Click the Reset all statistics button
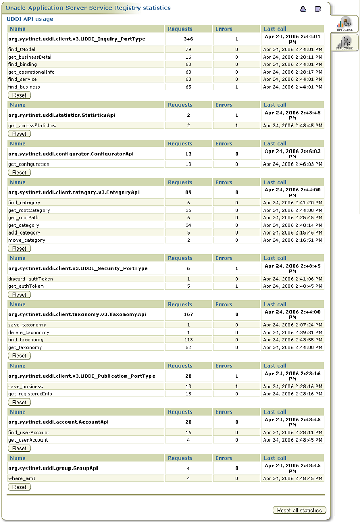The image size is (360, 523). click(x=299, y=510)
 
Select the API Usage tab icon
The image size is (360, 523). click(x=344, y=24)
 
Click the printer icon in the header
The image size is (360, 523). click(x=303, y=9)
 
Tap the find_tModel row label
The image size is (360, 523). click(x=22, y=49)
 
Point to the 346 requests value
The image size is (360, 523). click(x=188, y=39)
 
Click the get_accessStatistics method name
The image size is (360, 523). click(x=32, y=126)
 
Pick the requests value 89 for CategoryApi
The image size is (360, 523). click(x=188, y=192)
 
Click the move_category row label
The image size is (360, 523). click(x=26, y=240)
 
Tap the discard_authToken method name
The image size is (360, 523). click(x=31, y=279)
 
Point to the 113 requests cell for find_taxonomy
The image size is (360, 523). click(x=188, y=340)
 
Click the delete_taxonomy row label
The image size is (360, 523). click(x=29, y=333)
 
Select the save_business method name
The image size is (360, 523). click(x=25, y=387)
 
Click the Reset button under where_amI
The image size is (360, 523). click(x=20, y=487)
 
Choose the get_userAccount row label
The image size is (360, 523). click(x=28, y=440)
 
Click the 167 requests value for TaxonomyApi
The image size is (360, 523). click(x=188, y=314)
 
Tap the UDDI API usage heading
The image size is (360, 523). click(x=30, y=19)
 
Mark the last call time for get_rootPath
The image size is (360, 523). click(x=293, y=218)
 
